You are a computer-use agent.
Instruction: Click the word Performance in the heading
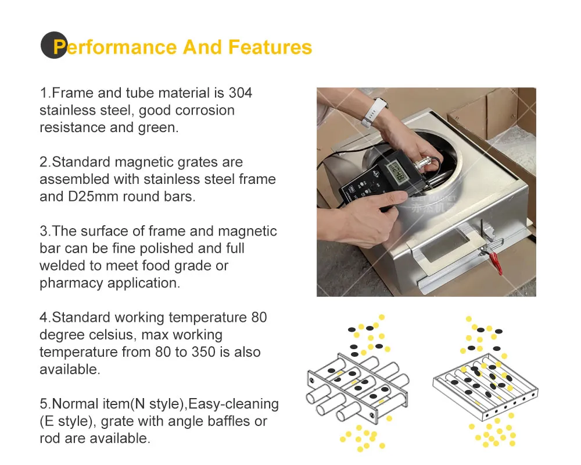point(116,48)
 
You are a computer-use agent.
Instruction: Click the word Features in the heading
point(270,47)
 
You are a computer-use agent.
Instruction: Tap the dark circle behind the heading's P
point(54,45)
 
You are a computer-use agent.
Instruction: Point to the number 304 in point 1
point(241,93)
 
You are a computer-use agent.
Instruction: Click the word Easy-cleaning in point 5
point(234,404)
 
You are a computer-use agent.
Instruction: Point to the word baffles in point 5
point(224,421)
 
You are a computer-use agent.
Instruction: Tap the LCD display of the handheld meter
point(397,172)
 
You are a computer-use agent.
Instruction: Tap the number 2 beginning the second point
point(44,162)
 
